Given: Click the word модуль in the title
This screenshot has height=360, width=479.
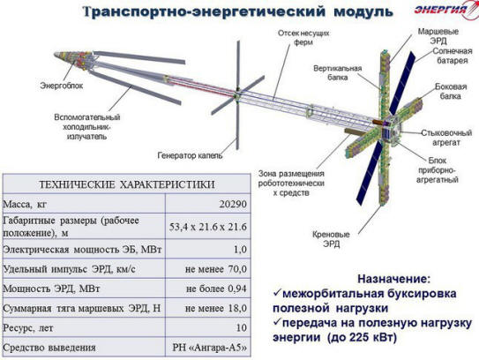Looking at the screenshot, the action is point(363,12).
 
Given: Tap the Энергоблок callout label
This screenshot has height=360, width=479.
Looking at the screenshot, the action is point(62,86).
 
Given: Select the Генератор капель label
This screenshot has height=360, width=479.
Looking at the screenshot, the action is point(190,155).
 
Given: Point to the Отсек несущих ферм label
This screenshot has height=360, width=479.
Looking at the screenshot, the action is point(303,37).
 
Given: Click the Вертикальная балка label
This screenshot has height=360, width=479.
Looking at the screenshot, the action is point(338,72).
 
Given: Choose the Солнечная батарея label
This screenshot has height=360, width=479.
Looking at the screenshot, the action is point(453,56).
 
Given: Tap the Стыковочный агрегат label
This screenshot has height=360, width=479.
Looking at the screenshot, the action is point(446,138).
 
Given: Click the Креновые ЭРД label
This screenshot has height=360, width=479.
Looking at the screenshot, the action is point(331,239).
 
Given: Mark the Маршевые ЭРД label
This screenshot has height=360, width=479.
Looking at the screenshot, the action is point(438,36).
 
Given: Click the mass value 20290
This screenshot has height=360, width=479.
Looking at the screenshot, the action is point(233,204).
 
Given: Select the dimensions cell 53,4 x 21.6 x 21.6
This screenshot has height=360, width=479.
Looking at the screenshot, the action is point(207,227).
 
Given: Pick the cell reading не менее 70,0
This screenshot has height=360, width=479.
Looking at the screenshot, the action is point(215,269).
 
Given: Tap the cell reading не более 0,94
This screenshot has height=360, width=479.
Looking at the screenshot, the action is point(216,289).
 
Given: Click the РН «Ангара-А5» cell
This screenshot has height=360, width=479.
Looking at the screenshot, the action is point(210,348).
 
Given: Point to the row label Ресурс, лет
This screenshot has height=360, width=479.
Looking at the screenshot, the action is point(28,328).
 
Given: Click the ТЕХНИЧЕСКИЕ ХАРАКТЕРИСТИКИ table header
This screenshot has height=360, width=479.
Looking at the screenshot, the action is point(127,184).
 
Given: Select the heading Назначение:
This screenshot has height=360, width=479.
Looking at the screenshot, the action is point(394,279).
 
